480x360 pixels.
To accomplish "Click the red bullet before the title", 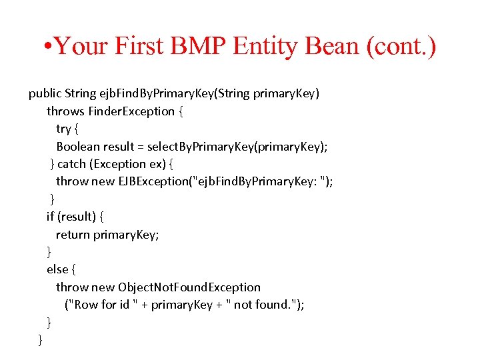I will (46, 47).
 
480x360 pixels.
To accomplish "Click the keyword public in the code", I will (45, 93).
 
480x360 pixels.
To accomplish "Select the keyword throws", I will (65, 111).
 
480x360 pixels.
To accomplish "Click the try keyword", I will (63, 129).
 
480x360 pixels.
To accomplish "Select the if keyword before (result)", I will (50, 217).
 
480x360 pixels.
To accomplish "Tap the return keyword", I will (73, 234).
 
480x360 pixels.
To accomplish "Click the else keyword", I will (57, 269).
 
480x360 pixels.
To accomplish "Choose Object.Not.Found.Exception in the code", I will (189, 287).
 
